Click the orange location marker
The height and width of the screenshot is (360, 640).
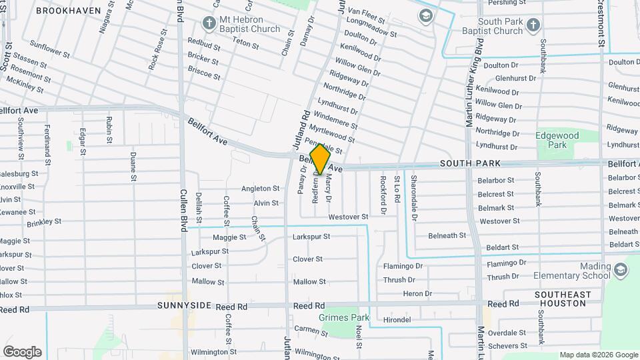click(x=320, y=159)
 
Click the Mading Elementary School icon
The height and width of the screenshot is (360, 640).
click(x=621, y=270)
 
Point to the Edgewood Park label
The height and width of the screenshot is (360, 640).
click(x=557, y=139)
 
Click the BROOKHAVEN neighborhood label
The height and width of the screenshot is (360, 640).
click(x=69, y=11)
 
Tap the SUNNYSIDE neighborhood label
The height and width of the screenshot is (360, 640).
click(x=184, y=305)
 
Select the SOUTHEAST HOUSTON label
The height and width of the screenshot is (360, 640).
click(x=562, y=299)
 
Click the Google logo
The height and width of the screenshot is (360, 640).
click(x=22, y=352)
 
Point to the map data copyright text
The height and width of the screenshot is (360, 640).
click(x=598, y=355)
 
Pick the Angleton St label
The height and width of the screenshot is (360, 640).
click(x=260, y=189)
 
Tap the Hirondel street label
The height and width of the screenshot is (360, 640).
click(x=397, y=320)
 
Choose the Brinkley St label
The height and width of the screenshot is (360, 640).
click(x=44, y=221)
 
